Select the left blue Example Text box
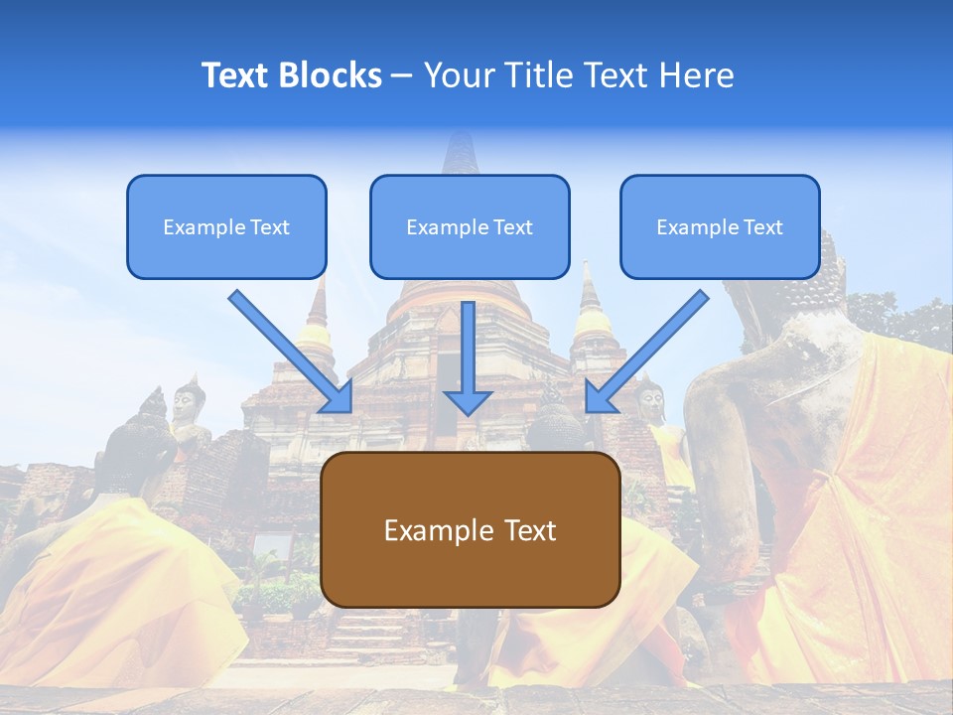click(x=226, y=226)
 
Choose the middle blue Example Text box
click(x=470, y=226)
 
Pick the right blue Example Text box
click(x=720, y=226)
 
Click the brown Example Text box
click(x=470, y=529)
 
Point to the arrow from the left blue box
click(x=288, y=350)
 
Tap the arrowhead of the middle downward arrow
click(x=469, y=402)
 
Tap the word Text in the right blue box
click(x=762, y=227)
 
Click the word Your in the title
click(x=459, y=75)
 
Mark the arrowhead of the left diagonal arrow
click(x=338, y=398)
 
